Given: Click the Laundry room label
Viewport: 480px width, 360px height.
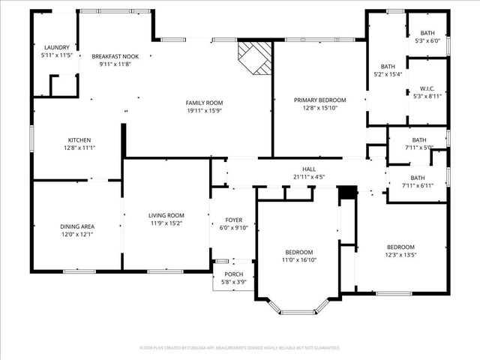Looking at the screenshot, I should pyautogui.click(x=57, y=46).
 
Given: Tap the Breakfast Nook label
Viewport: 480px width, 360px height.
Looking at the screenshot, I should pyautogui.click(x=115, y=56).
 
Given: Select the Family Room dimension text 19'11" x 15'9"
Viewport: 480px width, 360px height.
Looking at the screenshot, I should pyautogui.click(x=205, y=111).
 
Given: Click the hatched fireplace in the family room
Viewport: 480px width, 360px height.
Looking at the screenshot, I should pyautogui.click(x=253, y=57).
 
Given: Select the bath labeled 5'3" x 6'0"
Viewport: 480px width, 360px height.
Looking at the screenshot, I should pyautogui.click(x=427, y=33).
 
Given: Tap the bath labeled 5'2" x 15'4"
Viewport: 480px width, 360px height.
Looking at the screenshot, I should pyautogui.click(x=388, y=66).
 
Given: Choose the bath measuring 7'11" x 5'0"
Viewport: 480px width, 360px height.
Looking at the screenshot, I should pyautogui.click(x=418, y=139).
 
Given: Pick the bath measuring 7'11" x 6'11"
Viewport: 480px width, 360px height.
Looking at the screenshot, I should pyautogui.click(x=418, y=178).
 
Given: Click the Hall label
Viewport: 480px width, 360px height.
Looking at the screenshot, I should pyautogui.click(x=309, y=169).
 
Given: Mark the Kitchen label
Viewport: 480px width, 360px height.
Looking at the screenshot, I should pyautogui.click(x=79, y=140).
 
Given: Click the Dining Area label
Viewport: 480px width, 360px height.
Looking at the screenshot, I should pyautogui.click(x=77, y=226).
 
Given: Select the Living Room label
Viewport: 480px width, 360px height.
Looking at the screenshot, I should pyautogui.click(x=166, y=215).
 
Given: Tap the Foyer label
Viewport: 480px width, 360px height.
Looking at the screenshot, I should pyautogui.click(x=234, y=220).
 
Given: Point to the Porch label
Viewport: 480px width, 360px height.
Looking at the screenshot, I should pyautogui.click(x=234, y=274).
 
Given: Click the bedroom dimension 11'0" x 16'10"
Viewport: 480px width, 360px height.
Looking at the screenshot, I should pyautogui.click(x=298, y=261).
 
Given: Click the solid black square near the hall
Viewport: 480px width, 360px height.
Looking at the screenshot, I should pyautogui.click(x=346, y=193).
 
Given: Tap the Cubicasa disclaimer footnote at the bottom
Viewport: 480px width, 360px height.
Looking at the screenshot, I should pyautogui.click(x=240, y=348).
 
